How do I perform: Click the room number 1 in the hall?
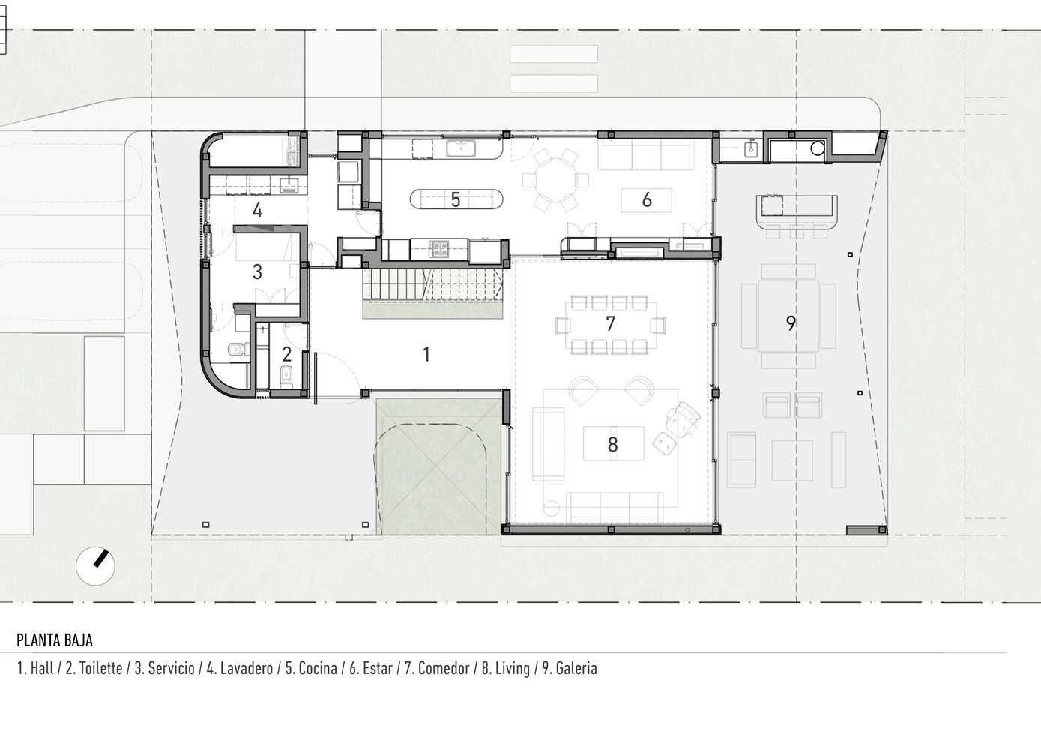coord(426,355)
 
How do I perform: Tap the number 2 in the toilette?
coord(287,355)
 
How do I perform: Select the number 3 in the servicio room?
coord(257,272)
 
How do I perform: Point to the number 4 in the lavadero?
coord(257,211)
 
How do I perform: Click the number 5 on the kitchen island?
coord(456,200)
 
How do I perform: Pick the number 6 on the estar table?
coord(647,200)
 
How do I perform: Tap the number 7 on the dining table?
coord(611,323)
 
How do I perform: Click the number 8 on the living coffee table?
coord(613,445)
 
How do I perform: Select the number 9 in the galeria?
coord(791,322)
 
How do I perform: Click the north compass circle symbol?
coord(95,566)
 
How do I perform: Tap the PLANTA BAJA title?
coord(55,640)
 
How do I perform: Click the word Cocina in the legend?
coord(318,669)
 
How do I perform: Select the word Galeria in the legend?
coord(576,669)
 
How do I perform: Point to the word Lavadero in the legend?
coord(247,669)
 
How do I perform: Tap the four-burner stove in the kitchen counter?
coord(438,249)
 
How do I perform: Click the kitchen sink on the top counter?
coord(461,148)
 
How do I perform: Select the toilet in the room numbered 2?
coord(287,377)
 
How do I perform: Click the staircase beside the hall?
coord(433,284)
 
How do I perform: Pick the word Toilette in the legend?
coord(100,669)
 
